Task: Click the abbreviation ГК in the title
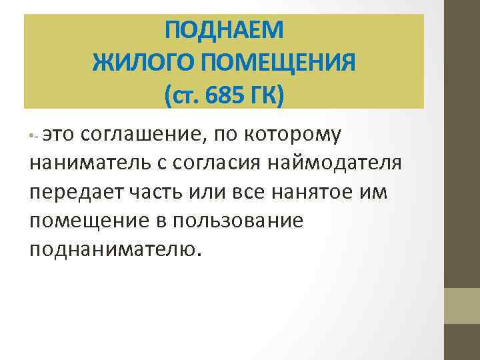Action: tap(265, 97)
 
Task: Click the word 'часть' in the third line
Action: tap(148, 192)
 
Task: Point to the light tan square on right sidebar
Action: tap(462, 306)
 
